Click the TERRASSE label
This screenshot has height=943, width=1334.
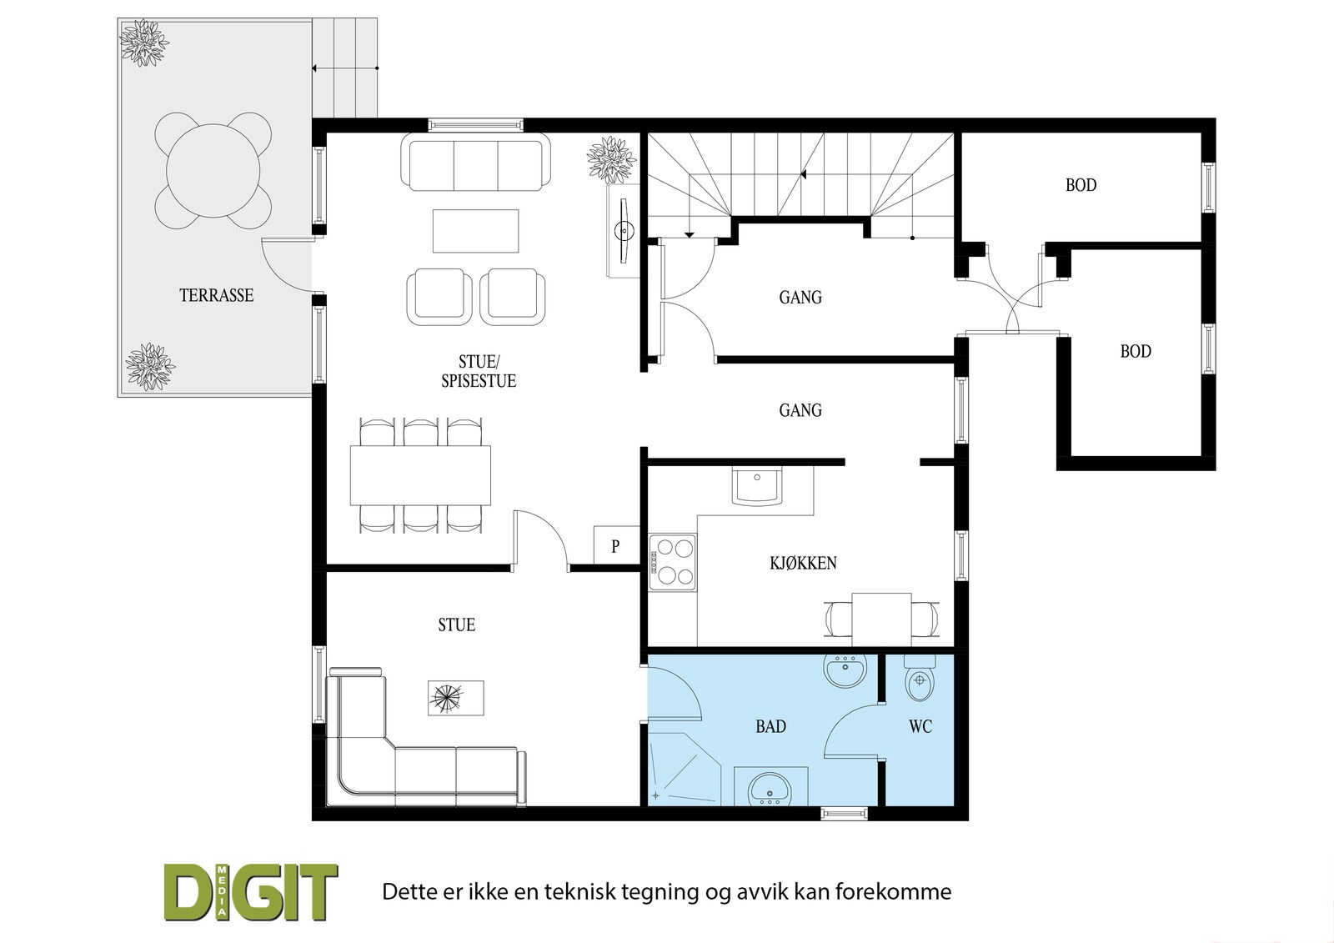click(x=217, y=295)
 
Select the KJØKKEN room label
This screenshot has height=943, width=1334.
click(x=803, y=563)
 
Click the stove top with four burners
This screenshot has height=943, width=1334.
click(x=672, y=562)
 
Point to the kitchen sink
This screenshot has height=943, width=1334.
click(x=757, y=486)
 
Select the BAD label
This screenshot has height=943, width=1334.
click(x=770, y=726)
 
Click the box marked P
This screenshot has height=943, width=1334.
click(x=616, y=545)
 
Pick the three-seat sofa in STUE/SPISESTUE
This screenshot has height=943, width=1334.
click(x=476, y=162)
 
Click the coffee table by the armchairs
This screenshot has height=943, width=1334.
click(x=476, y=230)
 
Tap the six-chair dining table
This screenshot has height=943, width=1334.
click(x=420, y=475)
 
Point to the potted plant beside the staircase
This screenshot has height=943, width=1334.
click(x=611, y=159)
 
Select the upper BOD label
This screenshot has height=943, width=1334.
click(x=1081, y=185)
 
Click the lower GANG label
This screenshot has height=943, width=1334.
click(x=800, y=410)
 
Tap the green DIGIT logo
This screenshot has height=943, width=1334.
click(x=251, y=892)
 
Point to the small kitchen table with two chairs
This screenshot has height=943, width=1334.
click(x=881, y=619)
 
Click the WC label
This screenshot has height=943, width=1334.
click(x=920, y=726)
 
